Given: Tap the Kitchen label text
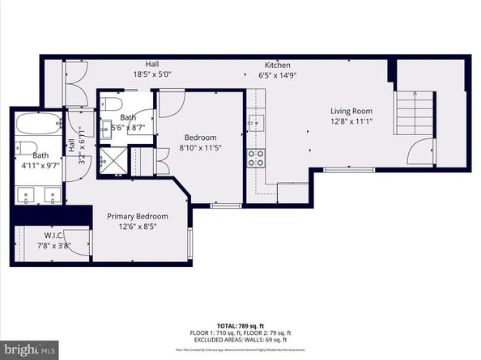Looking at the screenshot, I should [278, 65].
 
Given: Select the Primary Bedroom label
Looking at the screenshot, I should [138, 216].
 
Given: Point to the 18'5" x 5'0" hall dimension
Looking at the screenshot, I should [151, 74].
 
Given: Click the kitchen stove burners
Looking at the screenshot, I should [256, 158].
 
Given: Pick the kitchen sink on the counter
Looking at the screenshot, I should [255, 122].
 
